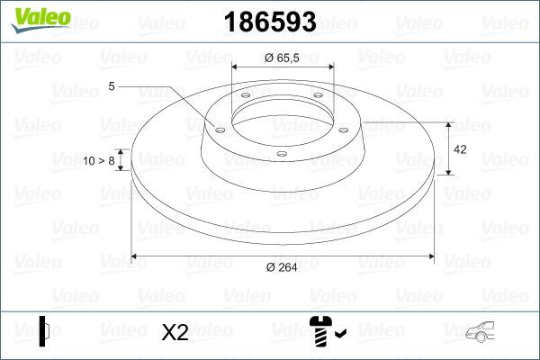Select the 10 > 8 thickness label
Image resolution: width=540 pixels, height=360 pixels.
pos(98,161)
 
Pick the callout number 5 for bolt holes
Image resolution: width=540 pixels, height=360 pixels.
pos(112,86)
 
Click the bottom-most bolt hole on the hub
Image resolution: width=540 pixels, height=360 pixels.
pos(282,155)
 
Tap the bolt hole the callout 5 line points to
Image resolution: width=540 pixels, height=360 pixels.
pos(220,128)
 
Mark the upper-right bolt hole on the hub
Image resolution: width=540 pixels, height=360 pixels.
pos(318,100)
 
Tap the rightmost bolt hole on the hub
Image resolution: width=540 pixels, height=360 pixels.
pos(345,128)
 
